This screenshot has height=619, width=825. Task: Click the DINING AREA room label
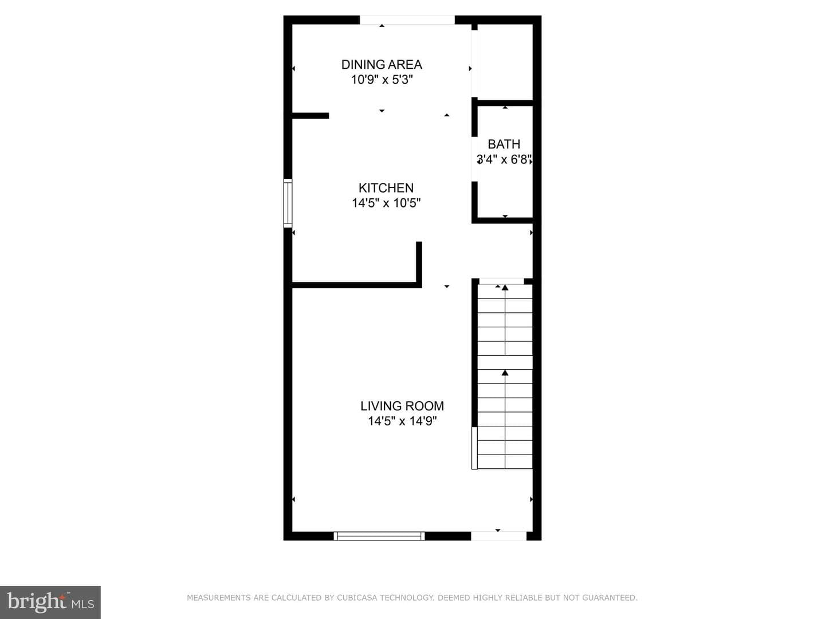[382, 65]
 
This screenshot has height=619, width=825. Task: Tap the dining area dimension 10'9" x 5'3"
[382, 80]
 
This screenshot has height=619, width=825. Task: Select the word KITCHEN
[386, 187]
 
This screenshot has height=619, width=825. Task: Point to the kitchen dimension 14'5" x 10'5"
[386, 203]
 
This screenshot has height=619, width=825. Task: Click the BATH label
[504, 144]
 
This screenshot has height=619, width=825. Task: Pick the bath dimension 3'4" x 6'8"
[504, 159]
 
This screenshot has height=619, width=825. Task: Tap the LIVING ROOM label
[402, 406]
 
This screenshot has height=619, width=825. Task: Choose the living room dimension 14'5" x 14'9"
[402, 421]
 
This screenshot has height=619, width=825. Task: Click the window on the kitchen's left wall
[288, 203]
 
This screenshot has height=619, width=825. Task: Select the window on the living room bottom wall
[379, 536]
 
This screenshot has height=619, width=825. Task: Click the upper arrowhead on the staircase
[505, 288]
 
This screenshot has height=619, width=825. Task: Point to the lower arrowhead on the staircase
[505, 373]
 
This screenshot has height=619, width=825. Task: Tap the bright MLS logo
[50, 602]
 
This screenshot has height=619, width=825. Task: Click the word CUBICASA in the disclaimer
[357, 598]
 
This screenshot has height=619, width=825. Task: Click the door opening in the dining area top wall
[407, 20]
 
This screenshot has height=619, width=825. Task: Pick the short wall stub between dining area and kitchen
[311, 116]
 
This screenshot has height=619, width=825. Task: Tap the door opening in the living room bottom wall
[499, 536]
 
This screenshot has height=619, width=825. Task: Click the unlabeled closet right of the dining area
[505, 62]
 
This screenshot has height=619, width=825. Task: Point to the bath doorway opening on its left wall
[474, 159]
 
